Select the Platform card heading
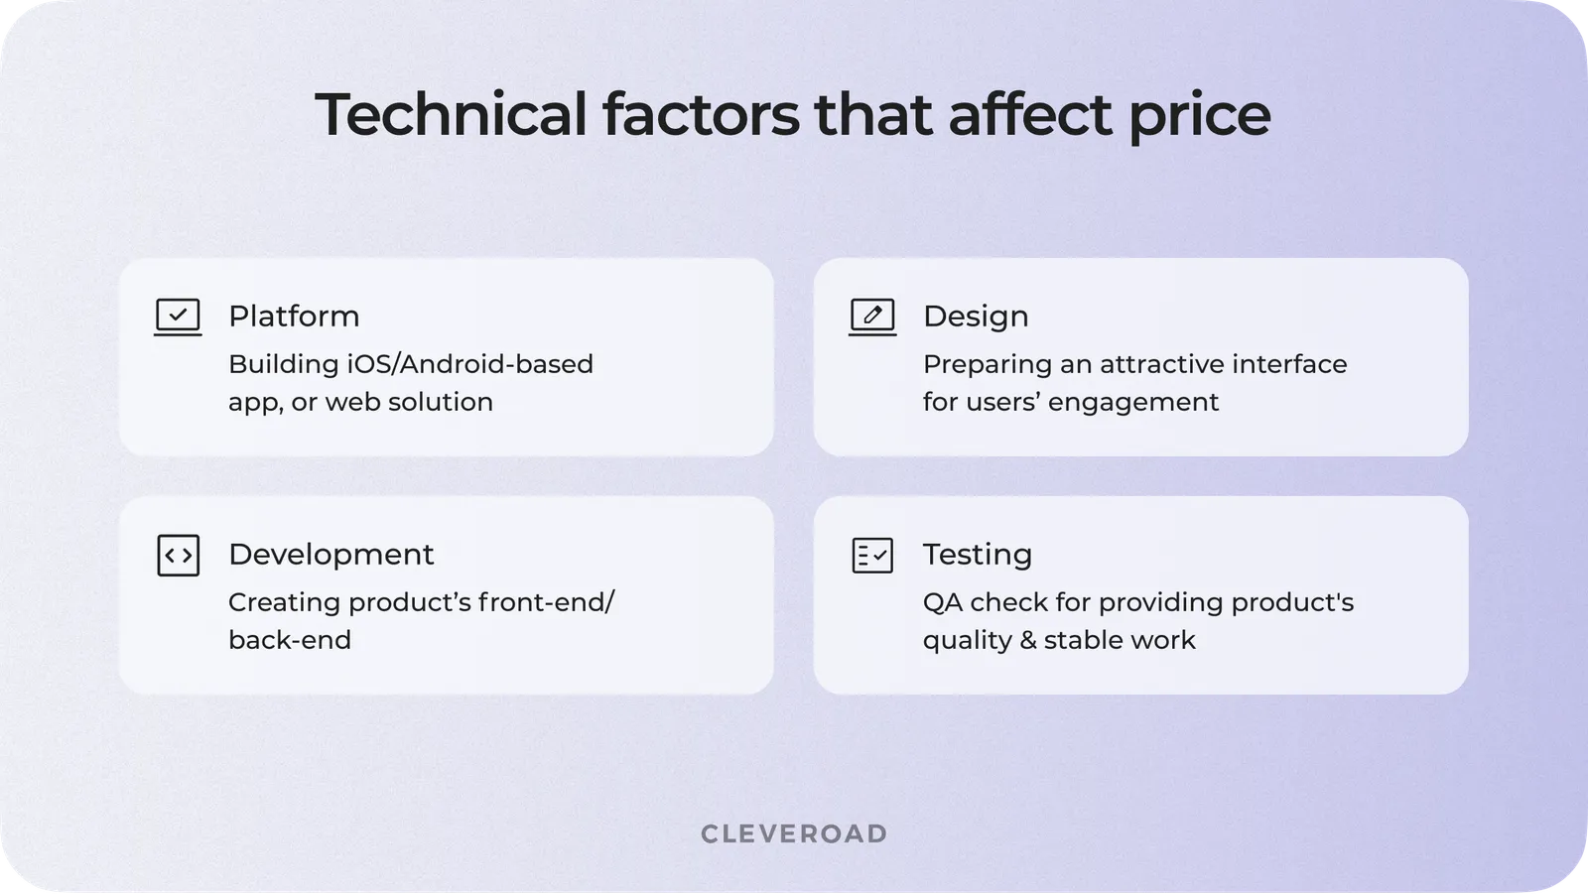pos(294,316)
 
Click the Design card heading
pos(976,316)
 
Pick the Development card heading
pos(331,554)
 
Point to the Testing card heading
pos(978,554)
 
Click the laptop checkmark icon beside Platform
pos(178,318)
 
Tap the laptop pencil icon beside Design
pos(872,318)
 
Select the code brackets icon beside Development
pos(178,556)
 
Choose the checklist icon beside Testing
pos(872,556)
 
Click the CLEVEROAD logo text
pos(794,833)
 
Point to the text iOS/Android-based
pos(469,364)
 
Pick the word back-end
pos(290,640)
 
